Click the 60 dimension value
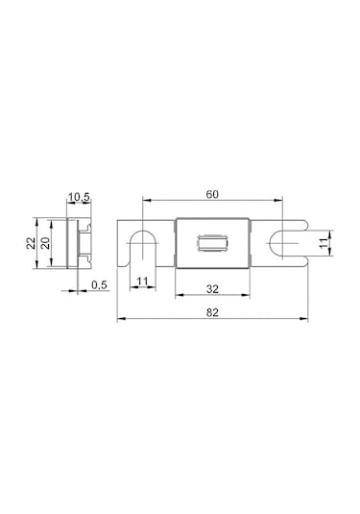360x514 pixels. pyautogui.click(x=212, y=194)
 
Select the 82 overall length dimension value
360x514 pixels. pyautogui.click(x=212, y=312)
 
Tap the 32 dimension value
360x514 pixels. pyautogui.click(x=212, y=289)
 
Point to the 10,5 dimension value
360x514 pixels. pyautogui.click(x=79, y=197)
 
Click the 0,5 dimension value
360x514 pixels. pyautogui.click(x=99, y=285)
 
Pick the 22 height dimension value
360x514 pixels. pyautogui.click(x=31, y=243)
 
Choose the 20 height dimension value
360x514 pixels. pyautogui.click(x=46, y=243)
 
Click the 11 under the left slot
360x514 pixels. pyautogui.click(x=142, y=281)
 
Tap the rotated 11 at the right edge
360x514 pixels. pyautogui.click(x=323, y=243)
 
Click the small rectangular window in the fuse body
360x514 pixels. pyautogui.click(x=212, y=243)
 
